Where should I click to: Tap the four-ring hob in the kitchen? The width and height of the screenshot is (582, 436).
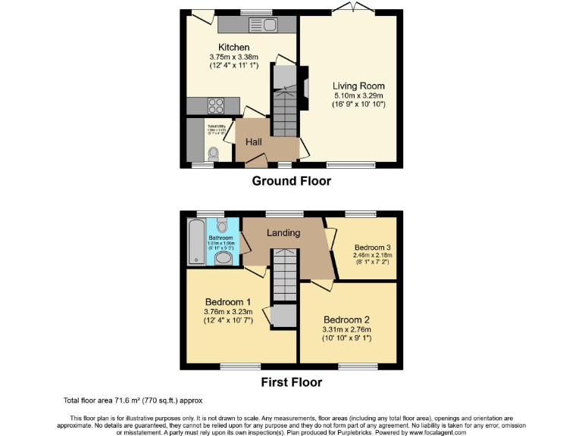214,106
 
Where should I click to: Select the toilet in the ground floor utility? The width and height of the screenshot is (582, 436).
213,152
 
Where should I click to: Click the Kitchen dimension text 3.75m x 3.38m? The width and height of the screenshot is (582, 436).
234,57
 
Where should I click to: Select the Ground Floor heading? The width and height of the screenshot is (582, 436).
291,182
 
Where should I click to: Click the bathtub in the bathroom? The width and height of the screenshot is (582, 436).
196,241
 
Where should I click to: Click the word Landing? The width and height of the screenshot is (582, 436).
283,232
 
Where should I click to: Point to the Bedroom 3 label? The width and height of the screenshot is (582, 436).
374,247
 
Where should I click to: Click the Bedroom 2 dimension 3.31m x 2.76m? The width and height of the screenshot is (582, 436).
347,329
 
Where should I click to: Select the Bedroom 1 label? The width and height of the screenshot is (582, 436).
229,302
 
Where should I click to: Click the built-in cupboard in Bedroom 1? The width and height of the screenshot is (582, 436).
283,315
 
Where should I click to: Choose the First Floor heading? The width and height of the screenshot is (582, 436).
291,382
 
